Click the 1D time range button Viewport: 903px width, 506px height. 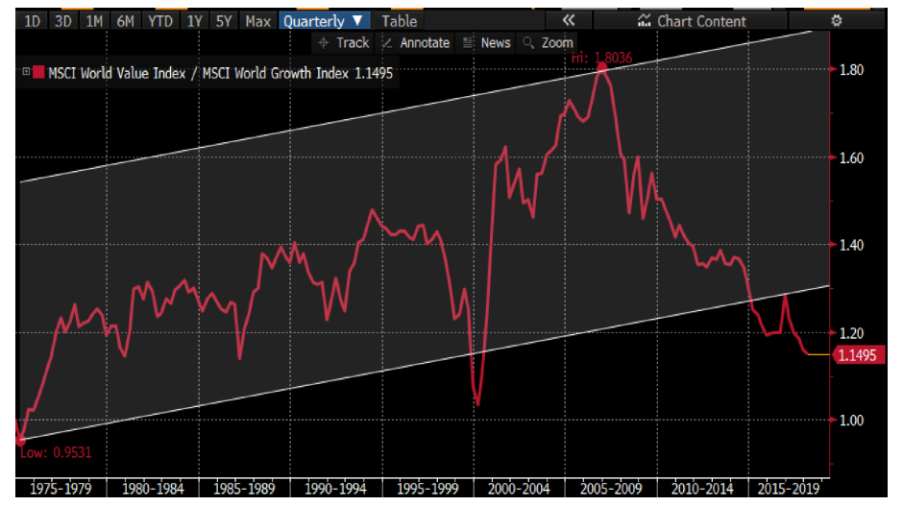pos(33,20)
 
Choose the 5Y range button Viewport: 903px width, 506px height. pos(223,20)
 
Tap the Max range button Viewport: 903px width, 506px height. pos(257,20)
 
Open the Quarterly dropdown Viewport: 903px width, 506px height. pos(324,20)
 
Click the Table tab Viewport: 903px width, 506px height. pos(400,20)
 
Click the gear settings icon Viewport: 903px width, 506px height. pos(836,20)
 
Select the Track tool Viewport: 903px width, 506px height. pos(344,42)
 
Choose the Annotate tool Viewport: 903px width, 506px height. pos(416,42)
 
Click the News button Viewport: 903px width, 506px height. pos(487,42)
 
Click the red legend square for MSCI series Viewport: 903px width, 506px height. pos(39,72)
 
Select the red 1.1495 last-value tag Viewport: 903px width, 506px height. pos(857,355)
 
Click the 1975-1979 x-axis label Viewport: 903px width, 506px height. pos(61,488)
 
